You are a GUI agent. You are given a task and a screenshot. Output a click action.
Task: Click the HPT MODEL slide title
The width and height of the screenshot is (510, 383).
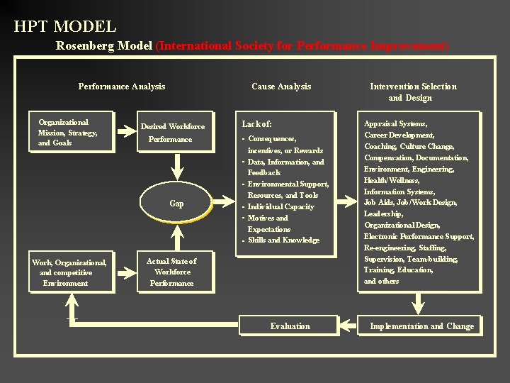[64, 27]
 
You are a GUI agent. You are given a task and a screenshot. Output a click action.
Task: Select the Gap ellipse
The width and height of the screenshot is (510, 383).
[176, 204]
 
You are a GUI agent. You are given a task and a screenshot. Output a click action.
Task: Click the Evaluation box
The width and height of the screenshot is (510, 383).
[290, 326]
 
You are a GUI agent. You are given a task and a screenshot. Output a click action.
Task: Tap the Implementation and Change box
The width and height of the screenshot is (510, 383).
[421, 326]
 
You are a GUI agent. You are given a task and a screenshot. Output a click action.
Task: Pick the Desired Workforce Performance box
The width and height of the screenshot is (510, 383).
[173, 133]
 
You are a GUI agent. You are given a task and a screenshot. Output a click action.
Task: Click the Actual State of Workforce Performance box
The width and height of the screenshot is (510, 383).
[172, 272]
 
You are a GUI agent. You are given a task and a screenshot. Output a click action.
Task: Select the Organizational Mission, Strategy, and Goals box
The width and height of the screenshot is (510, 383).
[69, 132]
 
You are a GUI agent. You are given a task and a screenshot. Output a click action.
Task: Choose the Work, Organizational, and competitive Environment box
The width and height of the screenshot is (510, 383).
[69, 272]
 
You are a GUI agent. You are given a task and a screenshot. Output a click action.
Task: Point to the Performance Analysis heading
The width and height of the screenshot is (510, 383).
[121, 87]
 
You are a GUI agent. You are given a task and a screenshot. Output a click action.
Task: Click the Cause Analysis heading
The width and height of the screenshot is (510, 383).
[281, 87]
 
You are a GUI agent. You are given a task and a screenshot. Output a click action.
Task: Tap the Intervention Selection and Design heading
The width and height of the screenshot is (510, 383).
[413, 91]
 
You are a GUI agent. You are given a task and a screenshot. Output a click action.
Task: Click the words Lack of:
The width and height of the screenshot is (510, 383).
[257, 123]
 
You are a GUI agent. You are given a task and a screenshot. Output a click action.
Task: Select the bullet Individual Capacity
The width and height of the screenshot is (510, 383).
[280, 206]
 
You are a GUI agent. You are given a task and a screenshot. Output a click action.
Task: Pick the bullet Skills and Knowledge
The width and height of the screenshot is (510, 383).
[283, 240]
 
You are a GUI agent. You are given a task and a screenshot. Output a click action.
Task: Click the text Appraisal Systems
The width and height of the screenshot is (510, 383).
[395, 123]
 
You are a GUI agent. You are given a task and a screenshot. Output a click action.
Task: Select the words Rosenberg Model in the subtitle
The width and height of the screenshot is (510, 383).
[104, 45]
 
